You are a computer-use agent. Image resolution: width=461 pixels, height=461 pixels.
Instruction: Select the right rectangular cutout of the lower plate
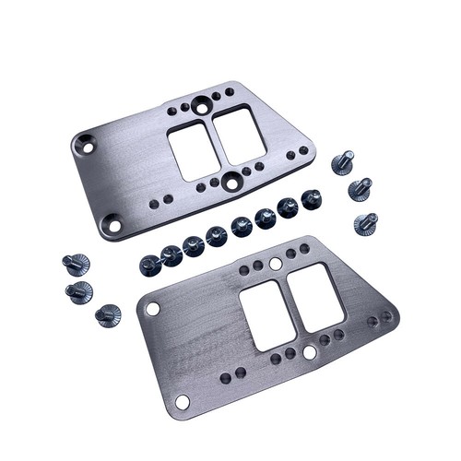(x=309, y=292)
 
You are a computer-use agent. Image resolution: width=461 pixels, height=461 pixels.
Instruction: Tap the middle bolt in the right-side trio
(x=358, y=192)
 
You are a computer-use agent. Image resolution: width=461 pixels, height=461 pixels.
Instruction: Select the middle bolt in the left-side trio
(x=80, y=292)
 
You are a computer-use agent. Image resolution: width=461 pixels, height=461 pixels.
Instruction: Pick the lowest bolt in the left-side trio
(x=108, y=315)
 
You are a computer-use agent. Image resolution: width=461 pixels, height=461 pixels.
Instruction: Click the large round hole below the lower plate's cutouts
(x=308, y=351)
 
